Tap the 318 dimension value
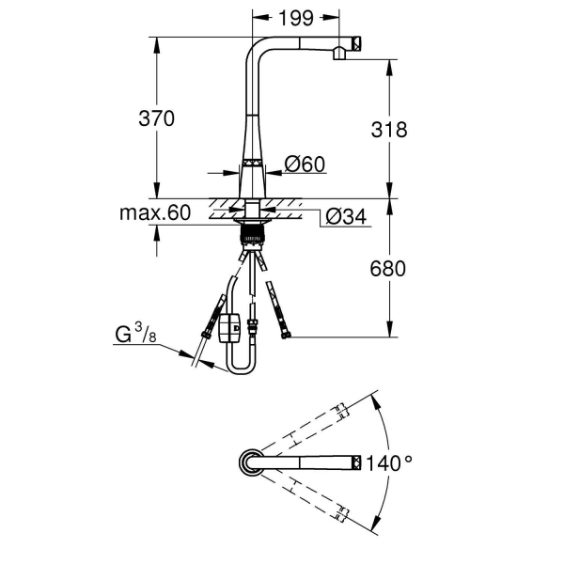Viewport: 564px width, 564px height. (389, 130)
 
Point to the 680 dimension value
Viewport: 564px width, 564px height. (388, 269)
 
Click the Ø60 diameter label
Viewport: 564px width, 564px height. (304, 164)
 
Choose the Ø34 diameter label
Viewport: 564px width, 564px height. (345, 218)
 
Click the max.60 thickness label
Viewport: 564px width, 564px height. (155, 212)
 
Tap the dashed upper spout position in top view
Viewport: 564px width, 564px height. (310, 428)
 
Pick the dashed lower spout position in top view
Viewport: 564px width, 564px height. (310, 495)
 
